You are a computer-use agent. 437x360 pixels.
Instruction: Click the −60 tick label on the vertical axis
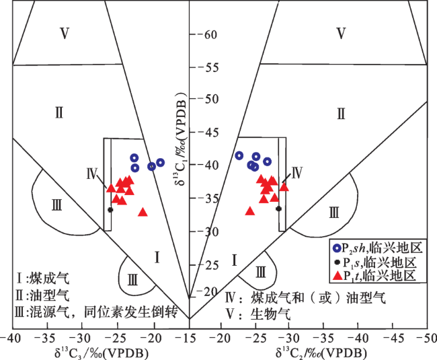tap(207, 34)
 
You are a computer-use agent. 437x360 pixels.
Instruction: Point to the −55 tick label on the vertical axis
tap(208, 67)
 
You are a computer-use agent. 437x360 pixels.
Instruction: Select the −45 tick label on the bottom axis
tap(393, 338)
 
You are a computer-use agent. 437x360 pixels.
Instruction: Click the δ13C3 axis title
tap(102, 353)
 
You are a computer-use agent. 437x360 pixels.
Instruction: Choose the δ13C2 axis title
tap(321, 353)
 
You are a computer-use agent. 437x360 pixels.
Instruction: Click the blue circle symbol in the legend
tap(337, 248)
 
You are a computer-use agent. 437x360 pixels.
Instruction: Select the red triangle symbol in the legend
tap(337, 275)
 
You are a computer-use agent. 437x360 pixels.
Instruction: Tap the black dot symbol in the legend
tap(337, 262)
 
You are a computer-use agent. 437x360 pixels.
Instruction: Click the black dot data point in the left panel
tap(110, 210)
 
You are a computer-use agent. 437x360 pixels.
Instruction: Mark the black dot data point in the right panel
tap(279, 209)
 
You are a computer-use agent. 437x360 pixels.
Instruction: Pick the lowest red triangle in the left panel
tap(143, 213)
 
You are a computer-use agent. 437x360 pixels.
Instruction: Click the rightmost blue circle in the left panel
tap(160, 163)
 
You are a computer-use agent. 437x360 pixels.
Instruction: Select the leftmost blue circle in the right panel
tap(239, 155)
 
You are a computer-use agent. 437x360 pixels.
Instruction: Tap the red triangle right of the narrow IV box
tap(284, 187)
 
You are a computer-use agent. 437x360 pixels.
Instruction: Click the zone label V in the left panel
tap(65, 34)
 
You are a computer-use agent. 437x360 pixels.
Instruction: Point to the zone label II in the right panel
tap(341, 114)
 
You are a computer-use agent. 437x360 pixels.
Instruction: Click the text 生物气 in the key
tap(270, 314)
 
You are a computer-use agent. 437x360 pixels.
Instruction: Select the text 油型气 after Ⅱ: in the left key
tap(49, 295)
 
